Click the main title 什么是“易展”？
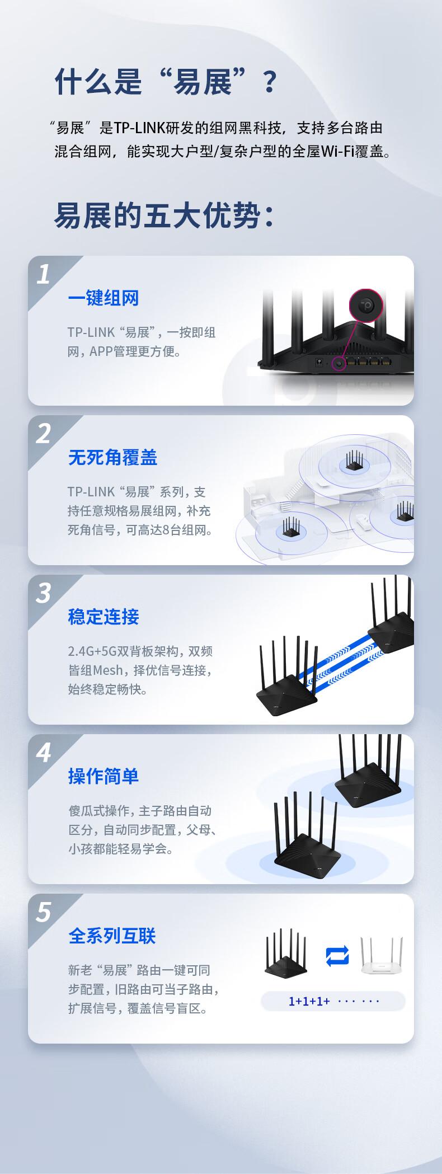click(166, 82)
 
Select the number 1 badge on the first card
click(44, 275)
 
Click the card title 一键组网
click(104, 298)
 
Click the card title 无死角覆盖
click(112, 457)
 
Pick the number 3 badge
click(44, 594)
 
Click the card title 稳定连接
click(104, 617)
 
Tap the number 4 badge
click(44, 753)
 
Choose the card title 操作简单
click(104, 776)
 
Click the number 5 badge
click(44, 913)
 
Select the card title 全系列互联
click(112, 936)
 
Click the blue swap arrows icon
click(337, 955)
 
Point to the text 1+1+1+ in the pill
click(309, 1001)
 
